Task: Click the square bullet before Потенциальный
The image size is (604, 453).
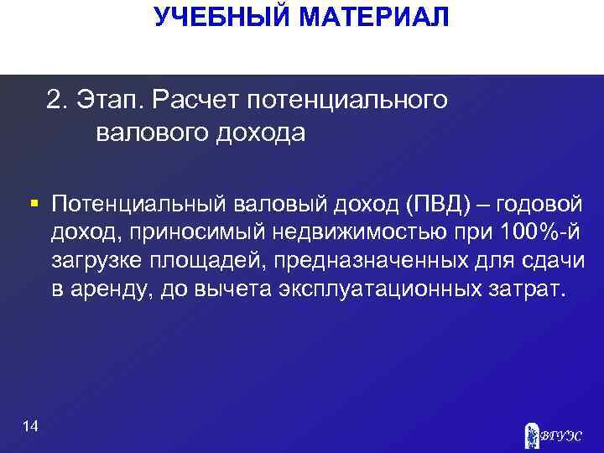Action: tap(33, 204)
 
